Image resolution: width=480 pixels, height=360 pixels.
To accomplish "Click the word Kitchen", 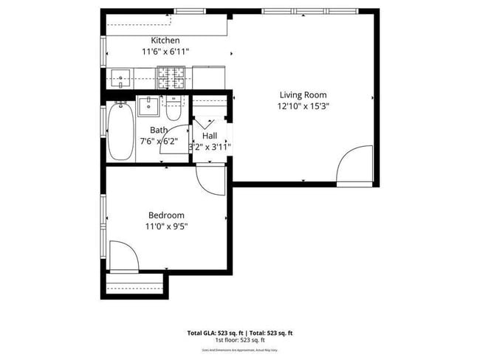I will (x=165, y=40).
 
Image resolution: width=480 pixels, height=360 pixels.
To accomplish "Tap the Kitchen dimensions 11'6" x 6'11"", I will (x=165, y=52).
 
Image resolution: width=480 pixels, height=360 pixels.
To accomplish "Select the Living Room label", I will (x=303, y=94).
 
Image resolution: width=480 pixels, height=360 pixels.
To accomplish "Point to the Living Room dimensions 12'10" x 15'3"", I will (x=303, y=105).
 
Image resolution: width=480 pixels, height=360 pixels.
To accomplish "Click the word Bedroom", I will (x=165, y=215).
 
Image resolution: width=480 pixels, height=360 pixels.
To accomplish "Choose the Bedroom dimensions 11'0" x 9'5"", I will (x=165, y=226).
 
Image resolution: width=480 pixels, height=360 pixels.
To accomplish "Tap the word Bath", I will (x=159, y=131).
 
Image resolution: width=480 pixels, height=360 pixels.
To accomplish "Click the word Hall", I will (x=210, y=136).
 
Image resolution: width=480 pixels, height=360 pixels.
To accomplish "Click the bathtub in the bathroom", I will (x=120, y=131).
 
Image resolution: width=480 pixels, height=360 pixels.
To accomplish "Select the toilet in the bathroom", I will (x=174, y=110).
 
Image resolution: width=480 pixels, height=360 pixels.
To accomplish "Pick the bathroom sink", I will (x=149, y=105).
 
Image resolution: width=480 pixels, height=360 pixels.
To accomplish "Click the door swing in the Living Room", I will (x=353, y=167).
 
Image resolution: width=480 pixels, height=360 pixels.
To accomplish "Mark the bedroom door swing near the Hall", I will (x=210, y=179).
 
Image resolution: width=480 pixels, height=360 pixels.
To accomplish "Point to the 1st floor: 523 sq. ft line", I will (x=240, y=340).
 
